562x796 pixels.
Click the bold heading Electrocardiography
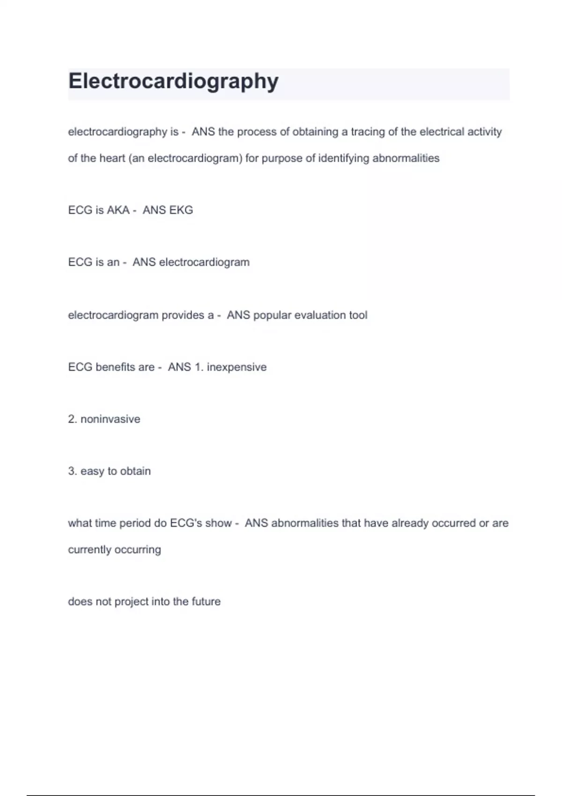[x=173, y=81]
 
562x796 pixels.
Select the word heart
[x=112, y=158]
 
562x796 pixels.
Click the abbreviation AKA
[x=118, y=210]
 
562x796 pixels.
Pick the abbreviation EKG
[x=181, y=210]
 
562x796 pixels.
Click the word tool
[x=358, y=315]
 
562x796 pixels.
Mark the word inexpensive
[x=237, y=368]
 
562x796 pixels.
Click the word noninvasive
[x=110, y=419]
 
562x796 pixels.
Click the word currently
[x=89, y=550]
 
